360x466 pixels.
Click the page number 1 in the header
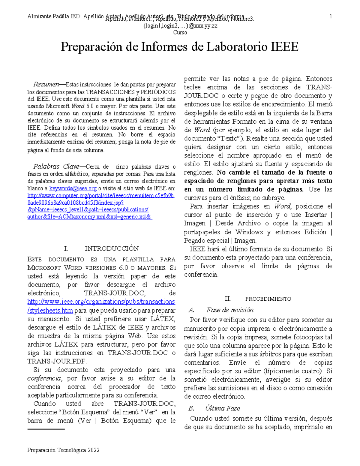(x=331, y=17)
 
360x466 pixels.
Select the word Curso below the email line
(x=180, y=32)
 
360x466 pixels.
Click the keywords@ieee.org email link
(x=73, y=188)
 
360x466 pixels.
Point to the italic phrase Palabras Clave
(x=56, y=167)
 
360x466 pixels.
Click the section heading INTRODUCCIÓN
(x=112, y=248)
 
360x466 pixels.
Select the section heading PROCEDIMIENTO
(x=268, y=299)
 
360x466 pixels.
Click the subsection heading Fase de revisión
(x=230, y=310)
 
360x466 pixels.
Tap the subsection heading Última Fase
(x=223, y=408)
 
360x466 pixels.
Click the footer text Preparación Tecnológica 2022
(x=63, y=450)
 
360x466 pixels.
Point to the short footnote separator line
(x=46, y=429)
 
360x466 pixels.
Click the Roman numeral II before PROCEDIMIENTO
(x=227, y=299)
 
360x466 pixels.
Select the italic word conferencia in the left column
(x=44, y=378)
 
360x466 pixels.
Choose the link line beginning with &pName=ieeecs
(x=88, y=209)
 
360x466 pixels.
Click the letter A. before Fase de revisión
(x=191, y=310)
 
